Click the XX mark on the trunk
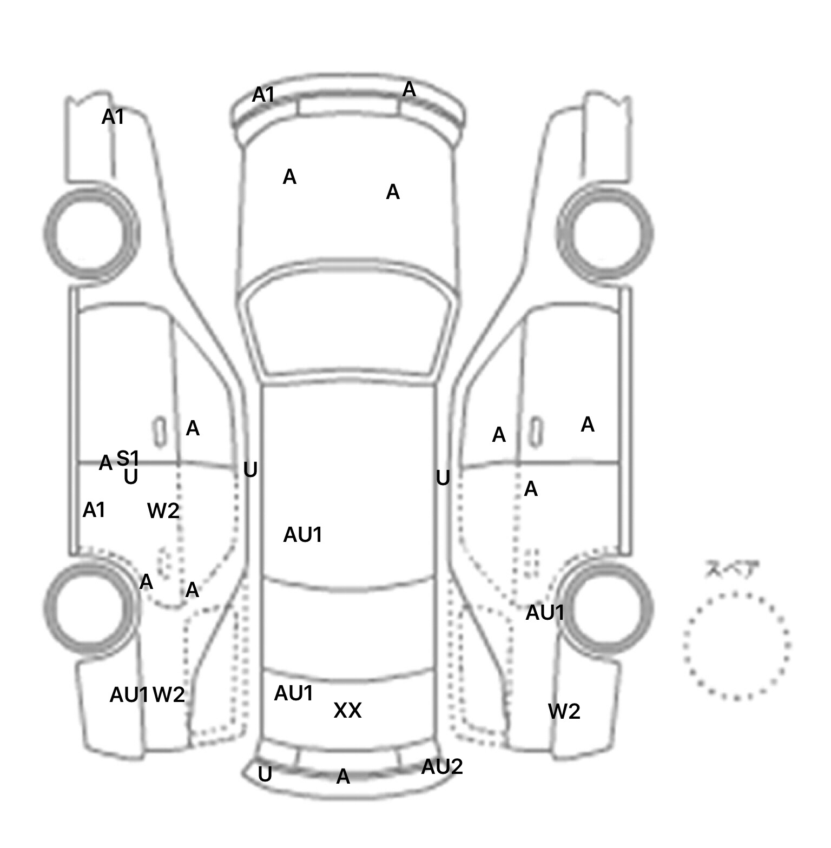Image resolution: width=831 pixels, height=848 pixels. [x=347, y=710]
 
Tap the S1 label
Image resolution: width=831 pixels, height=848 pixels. [x=128, y=459]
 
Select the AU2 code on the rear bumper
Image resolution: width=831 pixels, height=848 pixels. [x=442, y=766]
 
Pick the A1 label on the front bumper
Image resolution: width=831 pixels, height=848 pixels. [x=263, y=95]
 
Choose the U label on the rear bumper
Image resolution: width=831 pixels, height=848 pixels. [x=265, y=774]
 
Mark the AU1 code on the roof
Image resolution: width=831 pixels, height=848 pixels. [x=303, y=535]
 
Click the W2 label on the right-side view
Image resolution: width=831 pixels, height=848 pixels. [x=564, y=711]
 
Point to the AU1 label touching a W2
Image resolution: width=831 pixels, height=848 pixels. [x=129, y=695]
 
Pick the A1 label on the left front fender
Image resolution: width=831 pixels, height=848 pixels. [x=113, y=116]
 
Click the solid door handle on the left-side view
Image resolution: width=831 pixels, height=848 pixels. [x=160, y=432]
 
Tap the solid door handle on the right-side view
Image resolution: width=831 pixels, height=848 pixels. [x=536, y=432]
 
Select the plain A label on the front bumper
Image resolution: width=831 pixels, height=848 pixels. [x=409, y=89]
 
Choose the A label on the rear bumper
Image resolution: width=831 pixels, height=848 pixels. [x=343, y=777]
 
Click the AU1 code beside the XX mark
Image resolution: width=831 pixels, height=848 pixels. [x=294, y=693]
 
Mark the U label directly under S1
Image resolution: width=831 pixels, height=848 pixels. [x=131, y=477]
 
